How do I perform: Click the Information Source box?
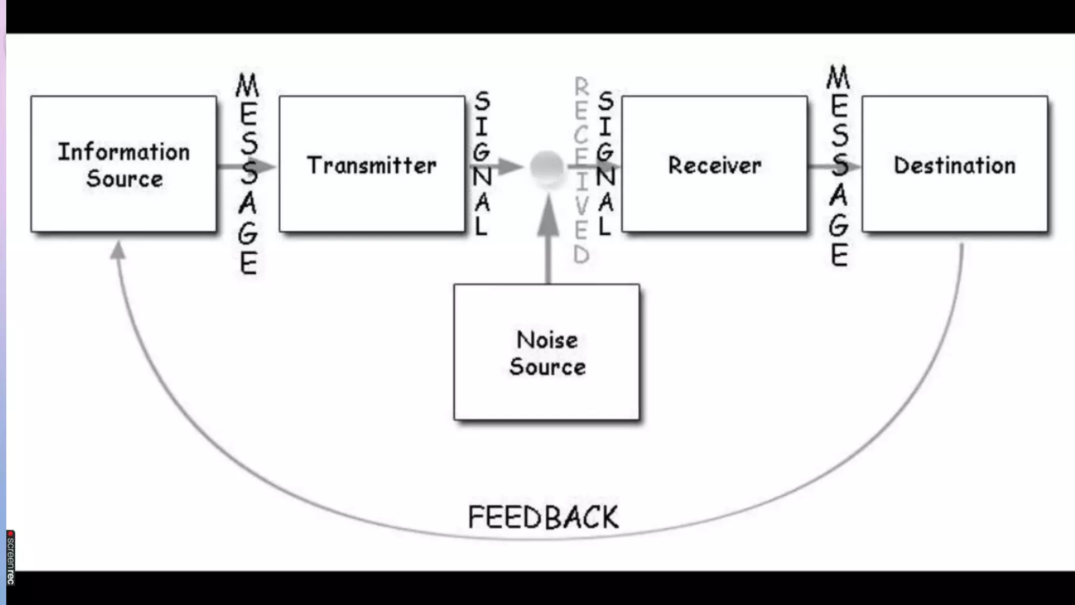(123, 164)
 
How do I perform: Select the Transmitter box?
(372, 164)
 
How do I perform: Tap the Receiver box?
(714, 164)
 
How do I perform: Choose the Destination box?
(954, 164)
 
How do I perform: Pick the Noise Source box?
(546, 352)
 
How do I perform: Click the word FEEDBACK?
(543, 517)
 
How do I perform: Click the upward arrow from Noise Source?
(549, 236)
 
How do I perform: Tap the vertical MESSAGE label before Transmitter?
(248, 173)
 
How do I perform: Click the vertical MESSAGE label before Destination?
(839, 165)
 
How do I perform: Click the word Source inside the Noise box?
(547, 367)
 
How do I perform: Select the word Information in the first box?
(124, 152)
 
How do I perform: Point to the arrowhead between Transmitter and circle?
(510, 167)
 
